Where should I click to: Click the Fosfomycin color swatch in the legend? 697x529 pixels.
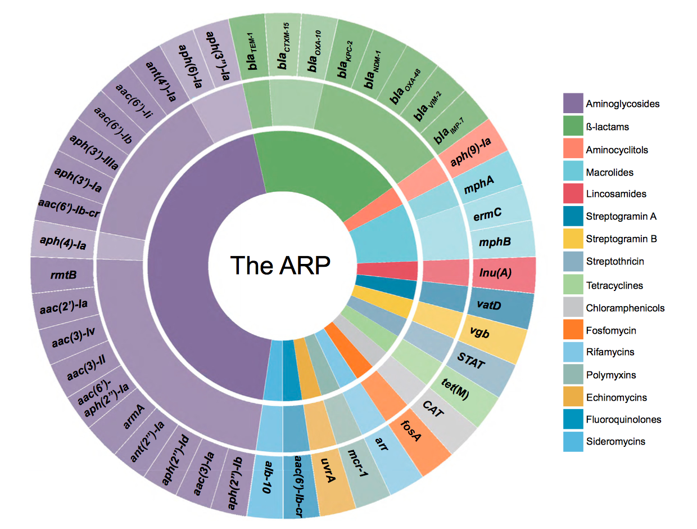point(572,330)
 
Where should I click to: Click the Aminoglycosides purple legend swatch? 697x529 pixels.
point(572,104)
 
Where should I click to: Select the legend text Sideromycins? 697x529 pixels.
point(615,442)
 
